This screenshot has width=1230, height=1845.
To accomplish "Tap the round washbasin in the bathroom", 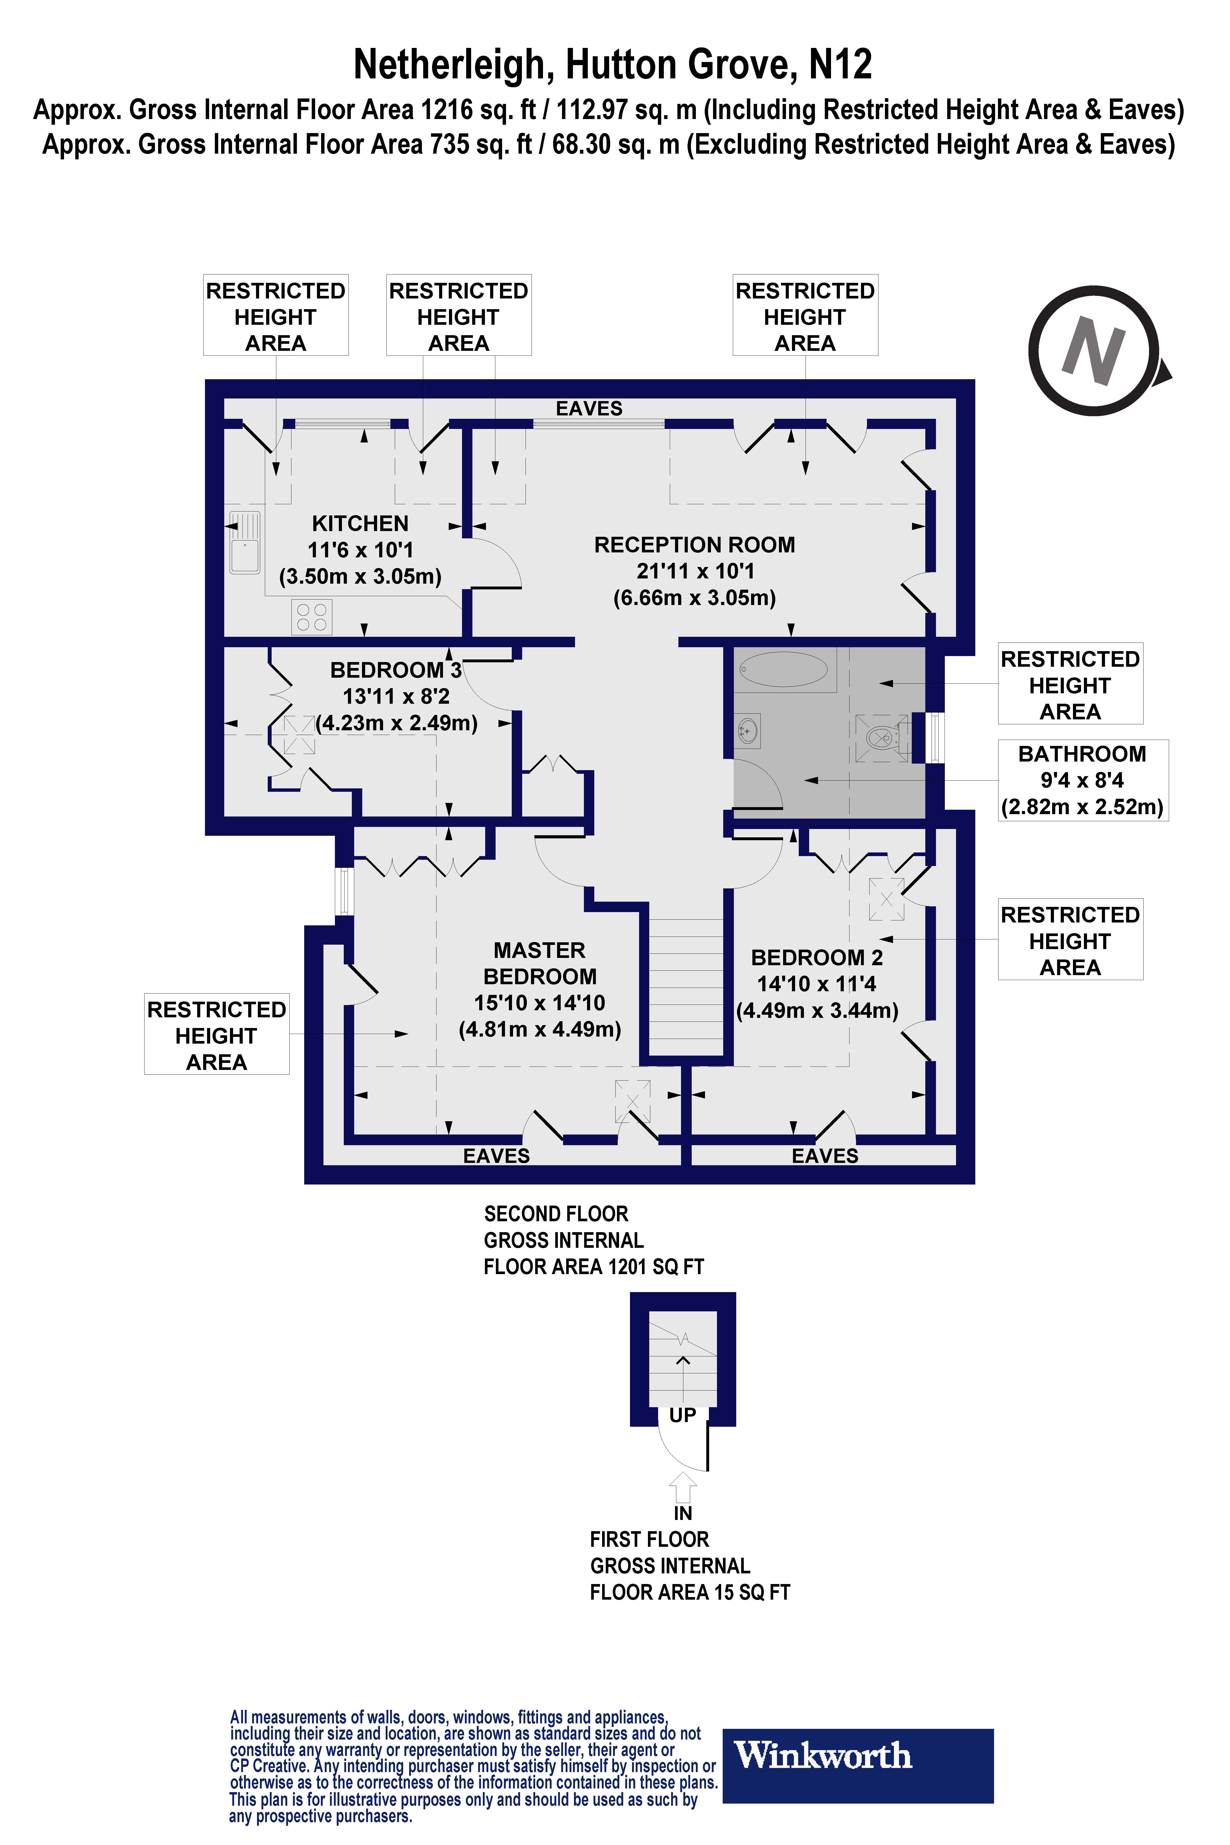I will click(748, 732).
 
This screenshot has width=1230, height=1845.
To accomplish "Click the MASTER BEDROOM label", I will click(540, 963).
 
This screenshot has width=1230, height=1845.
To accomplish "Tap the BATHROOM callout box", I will click(1083, 781).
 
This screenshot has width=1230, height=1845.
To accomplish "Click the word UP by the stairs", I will click(683, 1415).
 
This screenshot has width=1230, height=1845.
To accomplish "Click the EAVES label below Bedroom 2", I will click(825, 1156).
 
